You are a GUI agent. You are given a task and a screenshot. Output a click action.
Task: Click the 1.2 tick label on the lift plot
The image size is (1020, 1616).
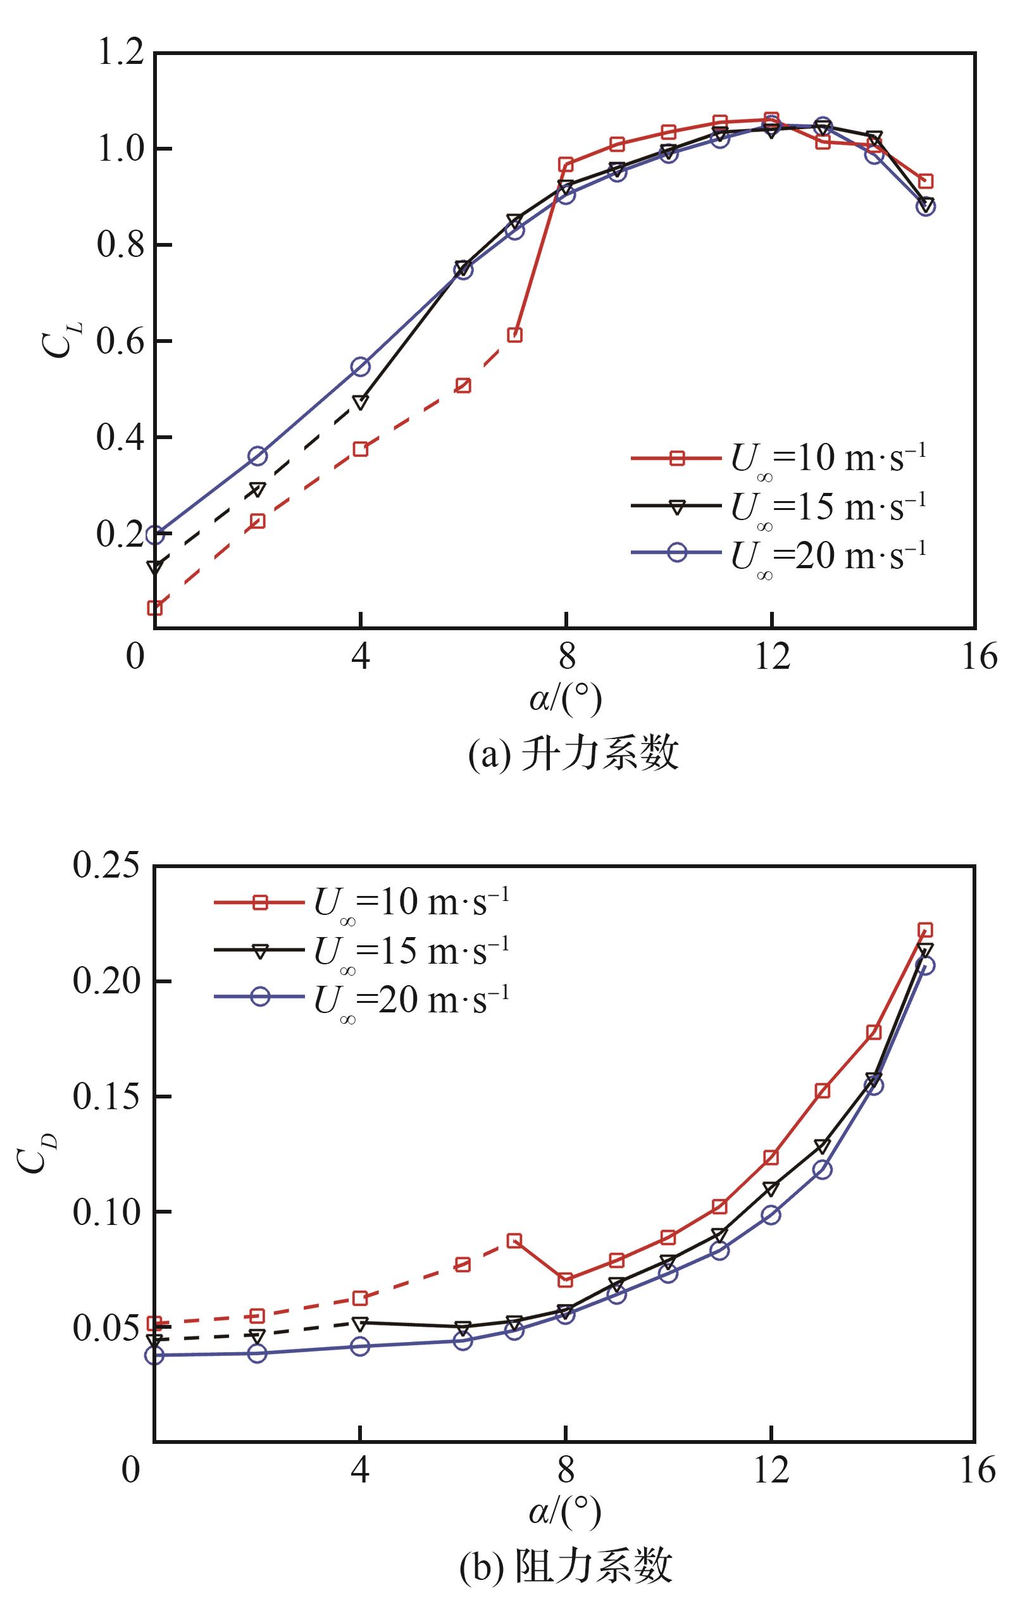[121, 54]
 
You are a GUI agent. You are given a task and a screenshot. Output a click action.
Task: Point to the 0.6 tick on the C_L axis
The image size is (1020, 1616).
[121, 342]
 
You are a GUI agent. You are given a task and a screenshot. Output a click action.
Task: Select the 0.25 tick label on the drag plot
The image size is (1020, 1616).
[108, 866]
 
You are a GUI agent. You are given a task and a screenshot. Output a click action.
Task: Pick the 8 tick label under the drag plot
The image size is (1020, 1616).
[566, 1470]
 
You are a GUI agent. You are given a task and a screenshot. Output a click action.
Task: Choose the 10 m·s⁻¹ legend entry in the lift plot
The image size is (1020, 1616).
[778, 459]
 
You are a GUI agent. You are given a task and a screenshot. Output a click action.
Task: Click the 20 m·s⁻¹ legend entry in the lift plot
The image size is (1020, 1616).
[778, 553]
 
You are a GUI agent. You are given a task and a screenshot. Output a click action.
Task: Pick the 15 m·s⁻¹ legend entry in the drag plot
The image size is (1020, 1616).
[363, 950]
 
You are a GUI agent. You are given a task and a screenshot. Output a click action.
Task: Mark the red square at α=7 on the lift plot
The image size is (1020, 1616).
[514, 335]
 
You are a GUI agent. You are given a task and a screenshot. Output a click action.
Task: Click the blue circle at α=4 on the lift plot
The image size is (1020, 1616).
[361, 366]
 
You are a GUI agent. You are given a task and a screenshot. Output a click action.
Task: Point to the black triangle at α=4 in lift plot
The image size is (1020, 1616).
[361, 402]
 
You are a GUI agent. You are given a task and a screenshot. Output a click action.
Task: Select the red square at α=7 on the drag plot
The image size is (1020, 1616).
[514, 1240]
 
